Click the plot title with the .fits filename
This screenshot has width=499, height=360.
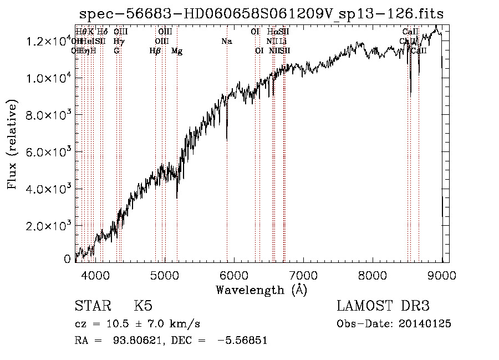[261, 13]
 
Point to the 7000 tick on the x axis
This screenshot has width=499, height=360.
[303, 275]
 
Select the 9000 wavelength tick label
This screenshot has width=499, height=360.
[442, 275]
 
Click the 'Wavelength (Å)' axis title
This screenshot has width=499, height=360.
[261, 290]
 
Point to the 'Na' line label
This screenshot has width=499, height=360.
[226, 42]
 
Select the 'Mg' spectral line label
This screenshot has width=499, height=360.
[177, 51]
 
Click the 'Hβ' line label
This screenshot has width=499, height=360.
[155, 51]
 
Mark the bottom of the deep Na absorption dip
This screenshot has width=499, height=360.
[227, 139]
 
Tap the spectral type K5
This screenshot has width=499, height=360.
[143, 307]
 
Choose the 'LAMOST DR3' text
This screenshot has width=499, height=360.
[383, 307]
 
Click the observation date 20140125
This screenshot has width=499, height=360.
[427, 324]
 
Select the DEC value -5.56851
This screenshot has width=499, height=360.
[242, 341]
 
